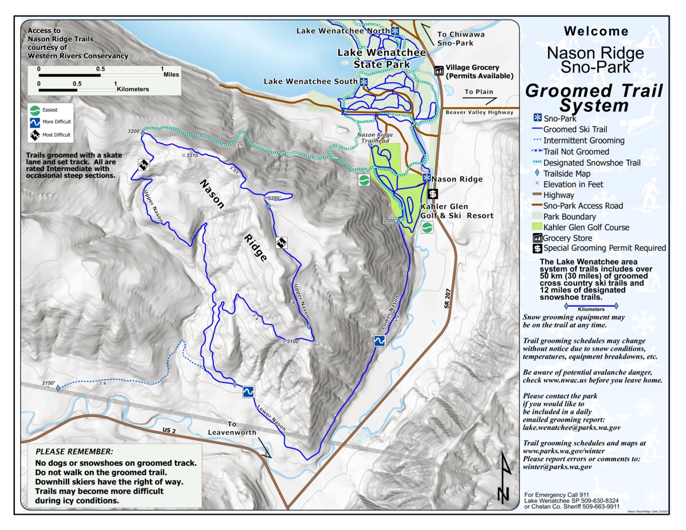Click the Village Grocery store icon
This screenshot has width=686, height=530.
(439, 70)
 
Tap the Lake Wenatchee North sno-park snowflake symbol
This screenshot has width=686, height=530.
(395, 30)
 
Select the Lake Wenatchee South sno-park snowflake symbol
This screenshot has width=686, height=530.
(364, 82)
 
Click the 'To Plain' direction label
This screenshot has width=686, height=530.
(478, 92)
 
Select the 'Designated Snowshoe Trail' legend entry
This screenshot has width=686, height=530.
(592, 163)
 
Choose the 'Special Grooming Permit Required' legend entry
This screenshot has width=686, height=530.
(604, 248)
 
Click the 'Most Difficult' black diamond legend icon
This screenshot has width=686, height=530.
(36, 135)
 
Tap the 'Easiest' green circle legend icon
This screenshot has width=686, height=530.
(36, 109)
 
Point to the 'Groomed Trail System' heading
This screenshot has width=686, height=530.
(594, 98)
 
